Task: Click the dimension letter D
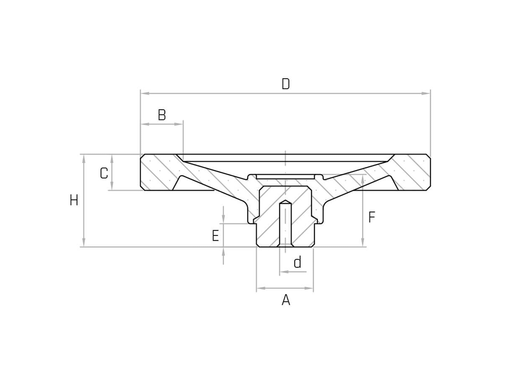coord(286,84)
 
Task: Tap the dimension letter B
coord(162,115)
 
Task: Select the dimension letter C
coord(104,173)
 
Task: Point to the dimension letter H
coord(74,201)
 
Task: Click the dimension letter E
coord(215,236)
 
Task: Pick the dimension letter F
coord(372,217)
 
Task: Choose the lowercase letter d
coord(297,262)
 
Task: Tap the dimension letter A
coord(286,300)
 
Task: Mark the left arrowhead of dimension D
coord(145,93)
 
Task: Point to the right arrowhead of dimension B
coord(179,124)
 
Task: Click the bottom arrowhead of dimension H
coord(84,243)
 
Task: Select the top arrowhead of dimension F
coord(363,179)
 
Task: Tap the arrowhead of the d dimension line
coord(283,272)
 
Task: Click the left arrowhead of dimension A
coord(261,288)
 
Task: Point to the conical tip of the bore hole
coord(285,202)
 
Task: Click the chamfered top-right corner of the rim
coord(428,156)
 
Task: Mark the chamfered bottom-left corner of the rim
coord(142,188)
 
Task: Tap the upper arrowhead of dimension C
coord(112,158)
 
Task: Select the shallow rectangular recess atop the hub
coord(285,177)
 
